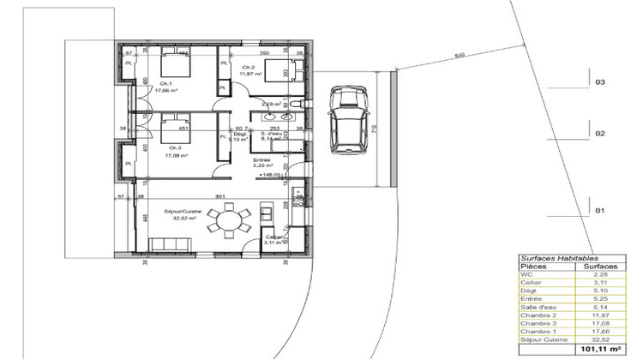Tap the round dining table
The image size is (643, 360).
(230, 221)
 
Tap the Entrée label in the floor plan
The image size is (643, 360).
(261, 160)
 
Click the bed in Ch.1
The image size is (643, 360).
(174, 65)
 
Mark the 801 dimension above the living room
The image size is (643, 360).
(219, 195)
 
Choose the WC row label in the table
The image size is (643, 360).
(526, 274)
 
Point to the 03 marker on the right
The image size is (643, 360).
(600, 82)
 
